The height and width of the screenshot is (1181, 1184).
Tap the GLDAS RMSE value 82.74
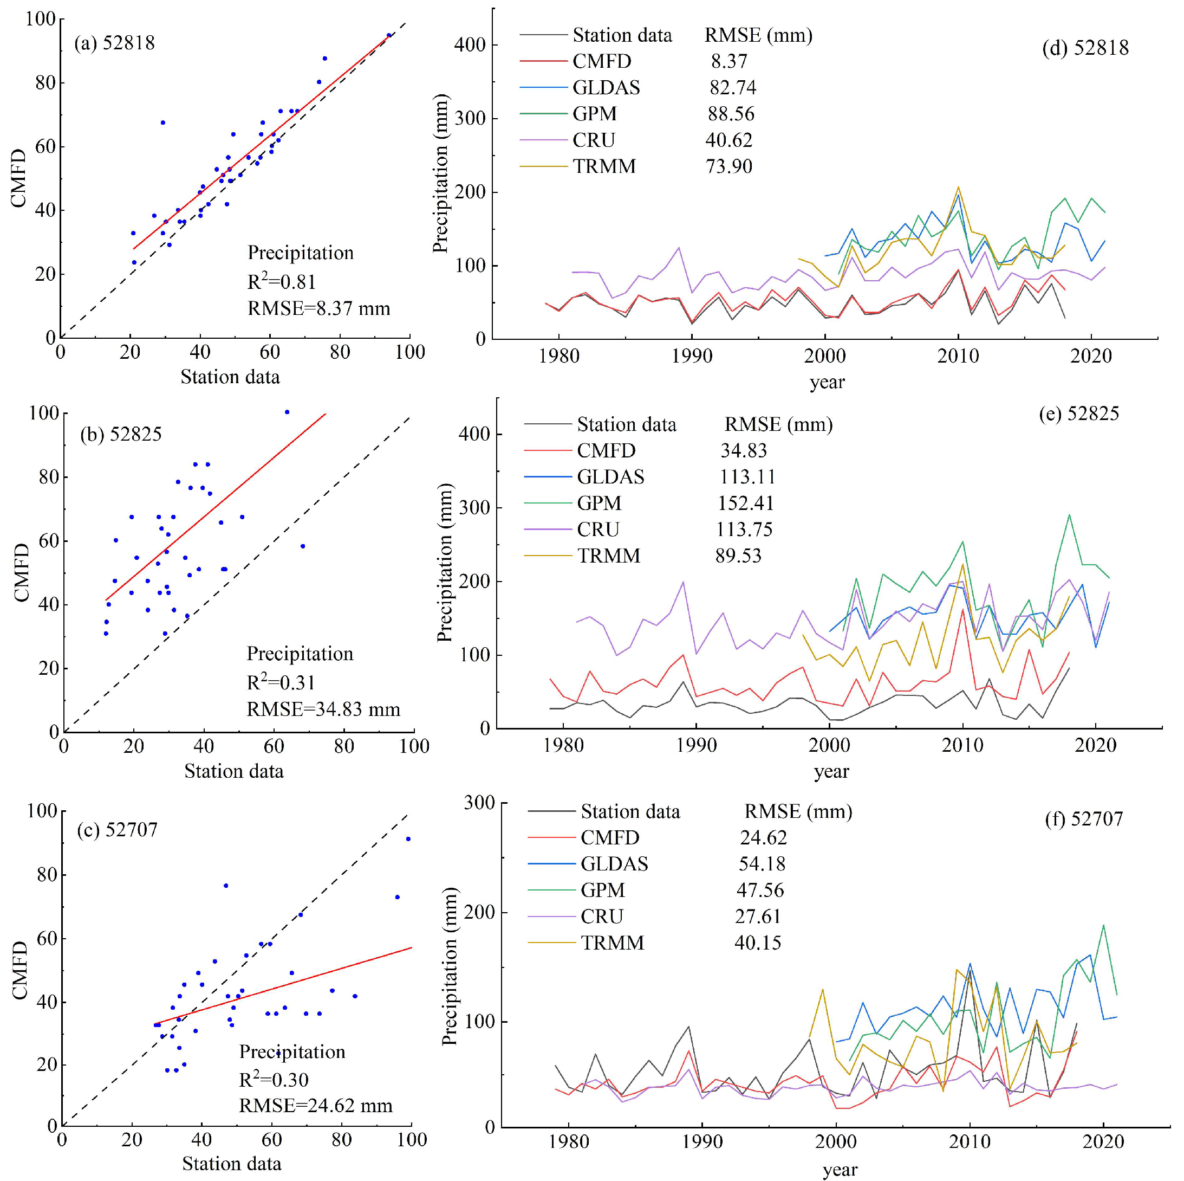(x=732, y=88)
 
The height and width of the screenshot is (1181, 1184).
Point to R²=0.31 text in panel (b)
(x=281, y=682)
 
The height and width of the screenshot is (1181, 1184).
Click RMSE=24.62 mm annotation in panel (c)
(x=315, y=1106)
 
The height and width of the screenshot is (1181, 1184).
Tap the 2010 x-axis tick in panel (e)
(x=962, y=745)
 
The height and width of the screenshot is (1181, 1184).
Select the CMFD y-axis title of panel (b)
(x=22, y=573)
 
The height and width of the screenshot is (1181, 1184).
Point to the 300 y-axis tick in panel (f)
(x=479, y=803)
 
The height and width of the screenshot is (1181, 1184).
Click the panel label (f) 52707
(x=1083, y=818)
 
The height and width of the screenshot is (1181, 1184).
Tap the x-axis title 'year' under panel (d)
(x=827, y=382)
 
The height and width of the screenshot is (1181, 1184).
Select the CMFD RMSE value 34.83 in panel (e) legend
(x=743, y=451)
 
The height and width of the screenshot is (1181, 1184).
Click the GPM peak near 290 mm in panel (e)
(x=1069, y=515)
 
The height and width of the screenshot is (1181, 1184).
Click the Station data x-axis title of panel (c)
(x=232, y=1163)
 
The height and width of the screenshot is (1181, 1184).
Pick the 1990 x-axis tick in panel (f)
(x=702, y=1142)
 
